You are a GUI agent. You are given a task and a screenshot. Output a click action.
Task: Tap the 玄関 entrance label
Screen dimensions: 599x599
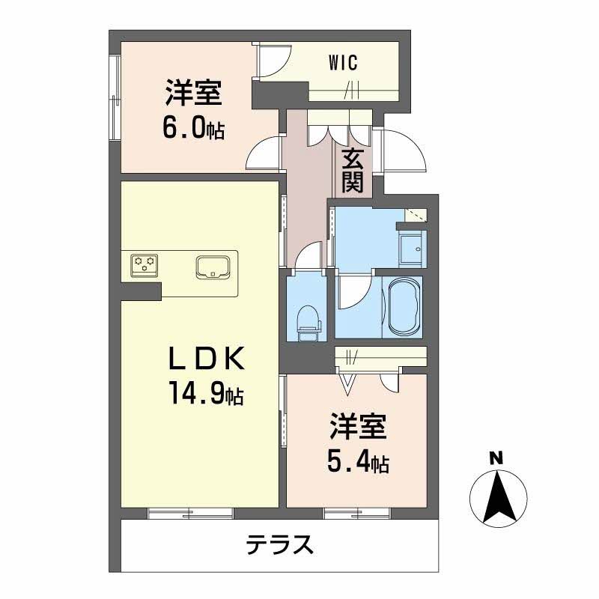coord(353,171)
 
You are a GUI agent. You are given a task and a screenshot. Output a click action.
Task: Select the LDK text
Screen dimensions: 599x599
coord(206,361)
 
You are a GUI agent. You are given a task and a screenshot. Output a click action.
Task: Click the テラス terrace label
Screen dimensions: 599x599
coord(279,544)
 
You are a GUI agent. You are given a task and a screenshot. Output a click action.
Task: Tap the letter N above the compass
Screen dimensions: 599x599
coord(496,458)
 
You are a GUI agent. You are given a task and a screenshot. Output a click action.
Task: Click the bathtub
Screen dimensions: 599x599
coord(403,305)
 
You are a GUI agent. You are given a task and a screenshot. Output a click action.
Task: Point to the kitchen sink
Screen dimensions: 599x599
coord(215,267)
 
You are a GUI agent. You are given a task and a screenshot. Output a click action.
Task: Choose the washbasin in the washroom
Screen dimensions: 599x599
coord(411,247)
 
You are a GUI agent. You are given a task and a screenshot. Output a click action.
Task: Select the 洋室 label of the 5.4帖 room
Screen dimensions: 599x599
coord(358,429)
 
